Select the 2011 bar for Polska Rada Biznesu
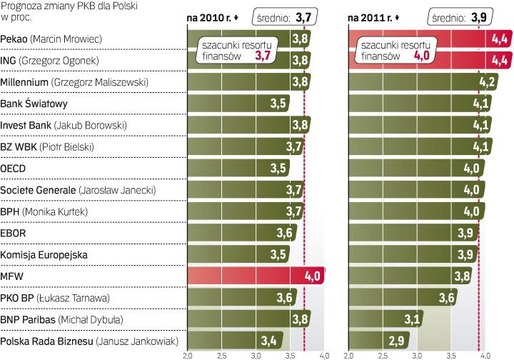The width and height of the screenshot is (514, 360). (x=371, y=340)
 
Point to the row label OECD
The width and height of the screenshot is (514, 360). (x=14, y=169)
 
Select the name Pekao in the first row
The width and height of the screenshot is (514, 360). (x=15, y=37)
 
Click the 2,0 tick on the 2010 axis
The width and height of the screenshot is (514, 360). (x=188, y=355)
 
